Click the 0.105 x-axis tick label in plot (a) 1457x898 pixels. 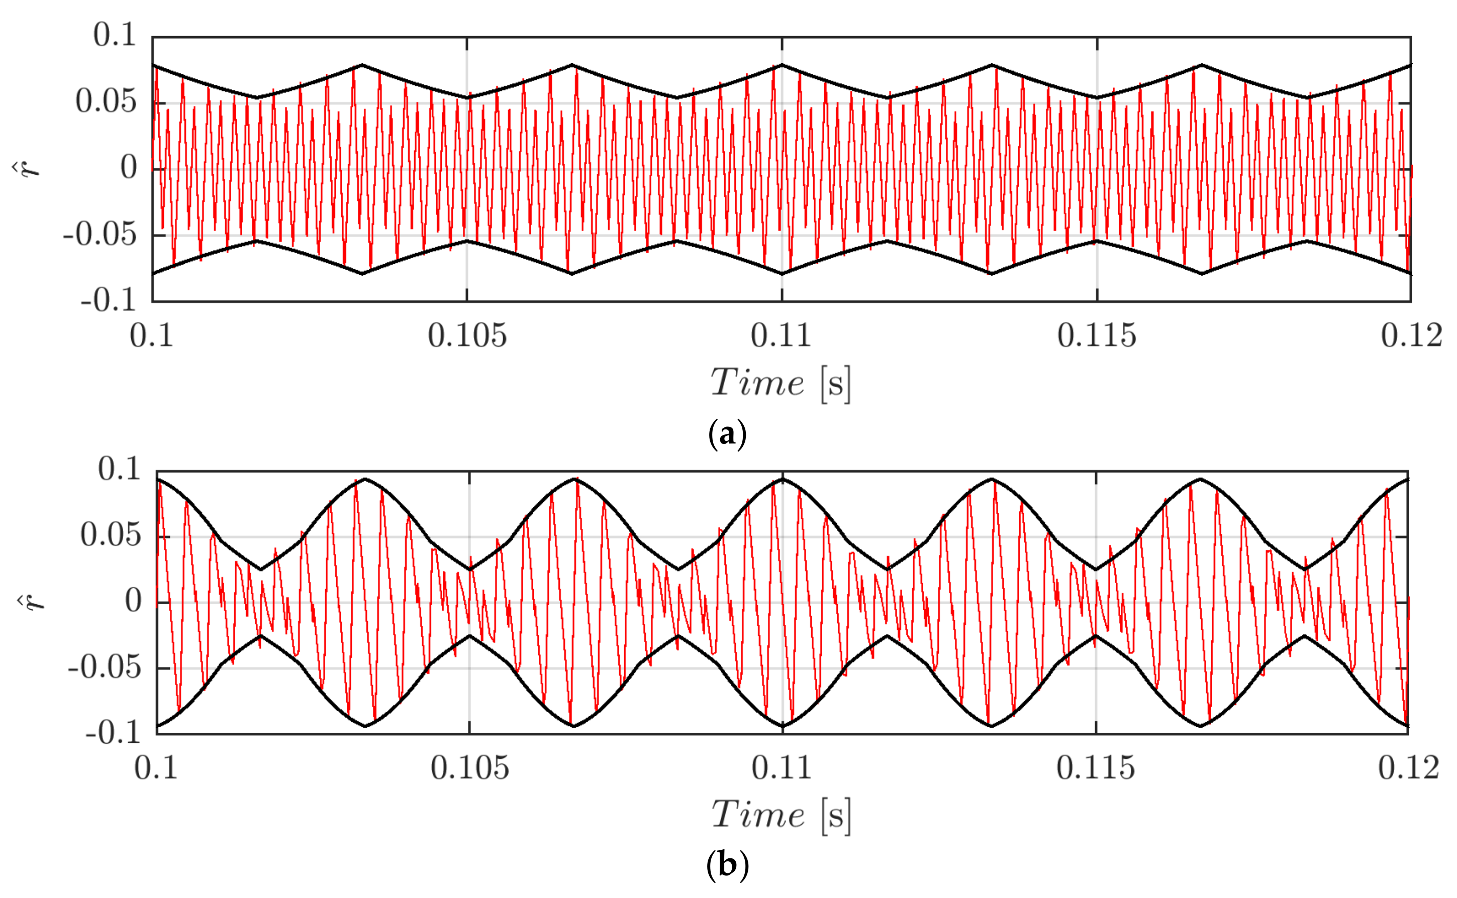467,336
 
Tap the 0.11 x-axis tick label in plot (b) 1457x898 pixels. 782,768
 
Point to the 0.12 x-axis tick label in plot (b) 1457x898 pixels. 1409,768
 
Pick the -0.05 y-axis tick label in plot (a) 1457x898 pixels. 100,236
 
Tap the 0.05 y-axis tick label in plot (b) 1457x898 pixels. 111,536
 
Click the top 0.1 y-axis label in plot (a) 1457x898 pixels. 115,36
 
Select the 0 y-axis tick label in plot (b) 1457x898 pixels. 133,601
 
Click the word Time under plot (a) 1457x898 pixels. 757,383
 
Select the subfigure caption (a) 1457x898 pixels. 727,436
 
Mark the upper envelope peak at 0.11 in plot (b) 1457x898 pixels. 782,479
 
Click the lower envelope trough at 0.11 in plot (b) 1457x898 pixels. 782,726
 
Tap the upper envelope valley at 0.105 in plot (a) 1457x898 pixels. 468,98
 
